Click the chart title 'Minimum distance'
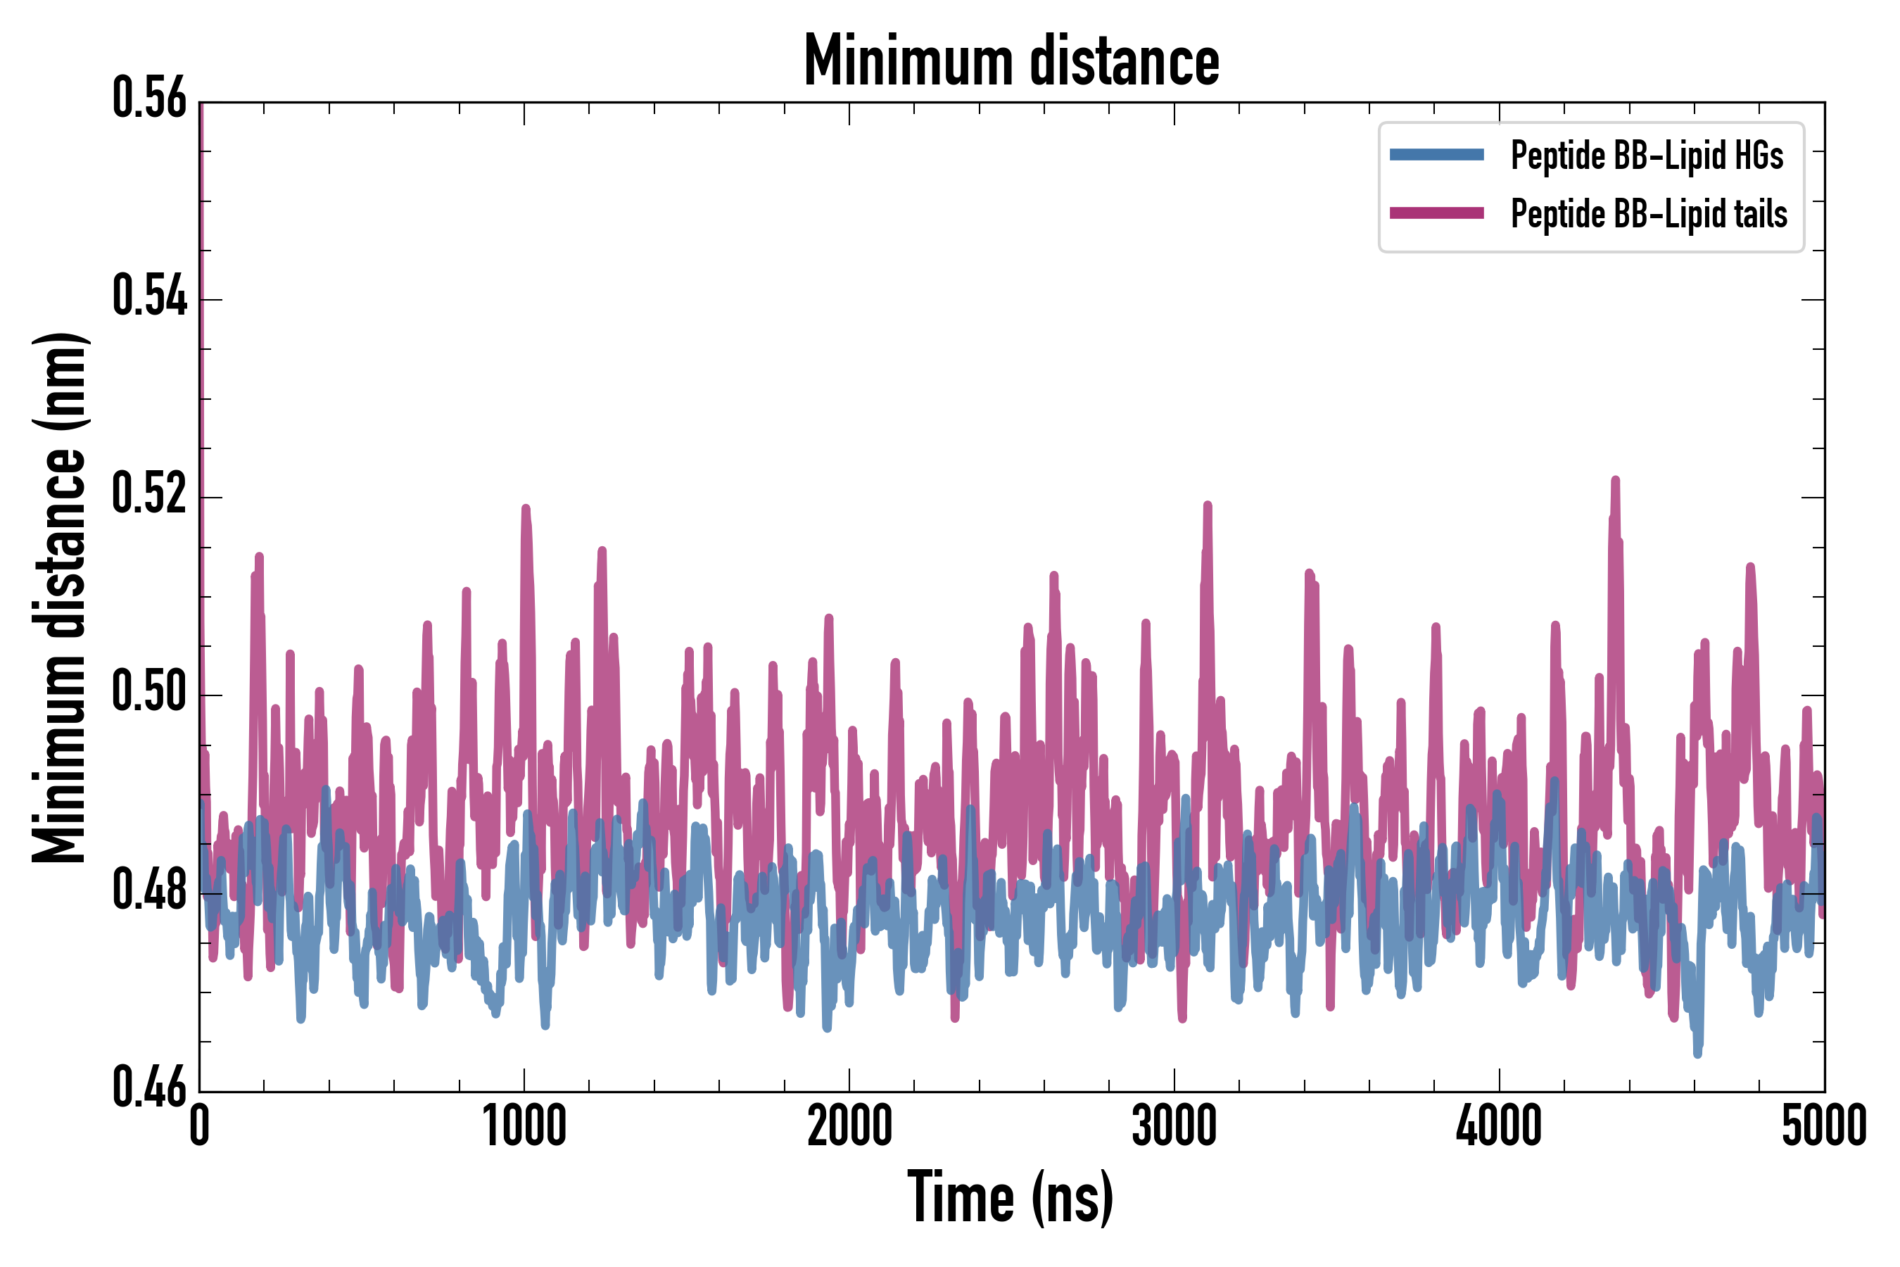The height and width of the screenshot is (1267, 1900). point(1011,61)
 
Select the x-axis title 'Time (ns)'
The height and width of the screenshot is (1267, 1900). point(1011,1197)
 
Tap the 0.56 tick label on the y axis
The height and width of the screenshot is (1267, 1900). point(149,98)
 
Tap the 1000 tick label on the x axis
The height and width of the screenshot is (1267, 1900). point(524,1125)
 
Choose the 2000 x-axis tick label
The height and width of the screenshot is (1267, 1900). point(849,1125)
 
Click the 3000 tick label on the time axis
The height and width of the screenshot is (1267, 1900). point(1174,1125)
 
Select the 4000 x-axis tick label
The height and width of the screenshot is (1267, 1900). point(1498,1125)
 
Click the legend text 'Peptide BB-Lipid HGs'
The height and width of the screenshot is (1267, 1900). point(1647,155)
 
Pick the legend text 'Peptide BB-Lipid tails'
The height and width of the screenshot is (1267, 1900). point(1649,214)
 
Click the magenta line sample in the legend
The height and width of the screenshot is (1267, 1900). point(1436,213)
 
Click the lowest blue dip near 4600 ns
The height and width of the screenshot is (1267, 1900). point(1697,1053)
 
